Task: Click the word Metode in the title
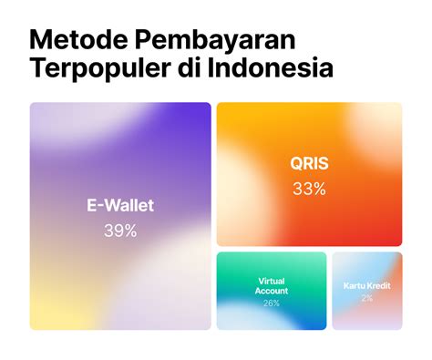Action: point(78,40)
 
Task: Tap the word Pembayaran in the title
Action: point(215,40)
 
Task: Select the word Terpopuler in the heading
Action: point(99,67)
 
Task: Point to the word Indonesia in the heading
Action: point(271,67)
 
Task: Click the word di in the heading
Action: point(189,67)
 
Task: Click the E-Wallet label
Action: point(120,205)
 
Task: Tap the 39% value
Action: point(120,231)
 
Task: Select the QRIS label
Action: point(309,163)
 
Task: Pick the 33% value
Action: point(309,189)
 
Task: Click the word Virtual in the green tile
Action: point(272,281)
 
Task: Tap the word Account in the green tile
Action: point(272,291)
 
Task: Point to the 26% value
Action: point(272,303)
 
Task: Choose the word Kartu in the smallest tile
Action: point(355,286)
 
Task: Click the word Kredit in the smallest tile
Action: point(379,286)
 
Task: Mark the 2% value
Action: point(367,298)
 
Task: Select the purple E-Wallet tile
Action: point(120,216)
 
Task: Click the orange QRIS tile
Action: point(309,174)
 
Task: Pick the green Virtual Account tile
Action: point(272,291)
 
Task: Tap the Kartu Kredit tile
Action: point(367,291)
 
